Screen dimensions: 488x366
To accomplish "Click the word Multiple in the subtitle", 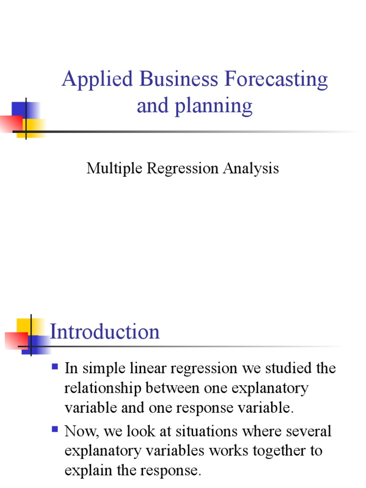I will click(x=111, y=168).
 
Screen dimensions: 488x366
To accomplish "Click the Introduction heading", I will click(x=105, y=332).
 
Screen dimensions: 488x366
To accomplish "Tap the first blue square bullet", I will click(x=54, y=367).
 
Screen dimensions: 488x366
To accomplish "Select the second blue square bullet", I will click(x=54, y=430).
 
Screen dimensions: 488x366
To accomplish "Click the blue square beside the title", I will click(x=19, y=111).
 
